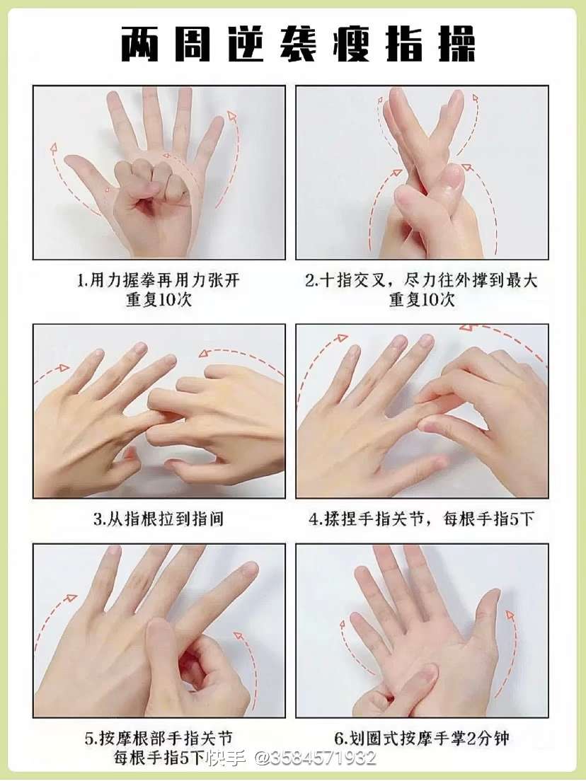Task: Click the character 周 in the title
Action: click(193, 45)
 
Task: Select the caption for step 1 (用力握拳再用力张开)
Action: click(159, 280)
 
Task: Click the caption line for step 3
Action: click(159, 519)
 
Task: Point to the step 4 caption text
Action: click(422, 519)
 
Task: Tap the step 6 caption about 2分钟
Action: click(422, 738)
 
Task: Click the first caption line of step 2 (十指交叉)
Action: click(422, 280)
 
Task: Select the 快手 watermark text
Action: click(227, 758)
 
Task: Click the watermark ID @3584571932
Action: click(316, 758)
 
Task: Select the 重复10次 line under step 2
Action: click(422, 301)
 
